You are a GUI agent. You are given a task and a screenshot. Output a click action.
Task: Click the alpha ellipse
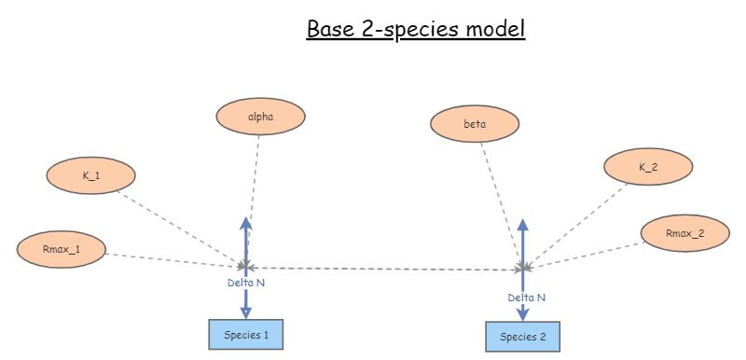click(x=260, y=117)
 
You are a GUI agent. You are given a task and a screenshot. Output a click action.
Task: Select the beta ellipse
click(x=475, y=124)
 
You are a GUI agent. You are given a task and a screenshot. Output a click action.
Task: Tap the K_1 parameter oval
click(x=91, y=175)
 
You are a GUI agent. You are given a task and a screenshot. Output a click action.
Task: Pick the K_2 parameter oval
click(x=647, y=167)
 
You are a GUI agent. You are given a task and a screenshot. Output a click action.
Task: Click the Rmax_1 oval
click(x=61, y=248)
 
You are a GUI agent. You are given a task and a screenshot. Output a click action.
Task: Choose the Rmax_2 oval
click(x=684, y=234)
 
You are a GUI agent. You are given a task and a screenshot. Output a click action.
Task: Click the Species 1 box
click(x=244, y=333)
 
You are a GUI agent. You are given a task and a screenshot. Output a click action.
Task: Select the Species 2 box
click(x=523, y=336)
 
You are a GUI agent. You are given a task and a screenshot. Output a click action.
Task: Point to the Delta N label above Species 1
click(x=247, y=282)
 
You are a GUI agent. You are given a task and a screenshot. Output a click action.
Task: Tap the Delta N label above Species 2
click(x=527, y=298)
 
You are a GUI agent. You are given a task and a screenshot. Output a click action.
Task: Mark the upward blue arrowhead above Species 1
click(x=246, y=224)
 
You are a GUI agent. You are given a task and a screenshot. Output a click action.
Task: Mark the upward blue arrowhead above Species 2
click(x=523, y=227)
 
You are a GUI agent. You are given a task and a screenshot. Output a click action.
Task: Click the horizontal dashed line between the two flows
click(x=382, y=269)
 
